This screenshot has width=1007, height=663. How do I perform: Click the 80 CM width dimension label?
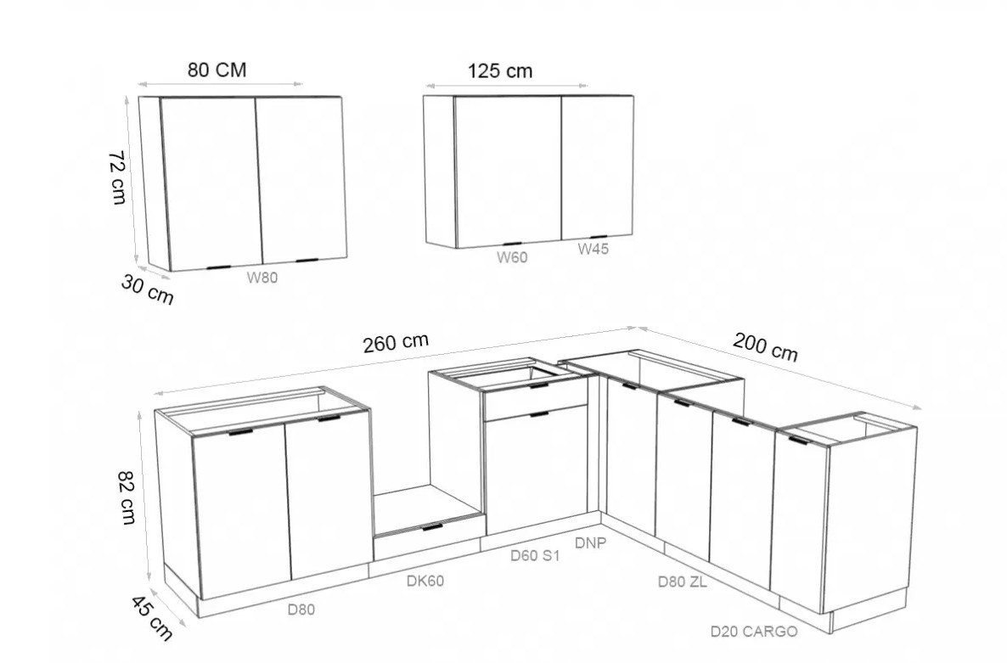click(x=217, y=70)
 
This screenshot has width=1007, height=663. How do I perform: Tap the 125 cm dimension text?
click(x=500, y=70)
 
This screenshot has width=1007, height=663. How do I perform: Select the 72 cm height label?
click(x=117, y=177)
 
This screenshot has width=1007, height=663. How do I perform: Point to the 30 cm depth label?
click(x=147, y=289)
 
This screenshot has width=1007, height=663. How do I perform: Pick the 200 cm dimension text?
click(x=766, y=346)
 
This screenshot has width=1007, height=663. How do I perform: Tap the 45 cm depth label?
click(x=152, y=618)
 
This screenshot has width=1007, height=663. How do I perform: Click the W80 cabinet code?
click(x=262, y=278)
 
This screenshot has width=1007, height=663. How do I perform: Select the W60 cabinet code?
click(x=512, y=257)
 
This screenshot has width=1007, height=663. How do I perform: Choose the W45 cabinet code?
click(x=593, y=249)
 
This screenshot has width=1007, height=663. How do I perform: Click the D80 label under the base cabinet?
click(x=301, y=609)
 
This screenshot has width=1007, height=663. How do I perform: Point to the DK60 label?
click(x=425, y=581)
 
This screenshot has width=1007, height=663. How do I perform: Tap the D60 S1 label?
click(x=535, y=556)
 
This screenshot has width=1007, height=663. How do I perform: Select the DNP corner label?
click(x=590, y=543)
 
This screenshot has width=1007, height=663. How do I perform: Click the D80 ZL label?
click(x=682, y=582)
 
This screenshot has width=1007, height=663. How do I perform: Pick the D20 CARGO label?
click(x=754, y=632)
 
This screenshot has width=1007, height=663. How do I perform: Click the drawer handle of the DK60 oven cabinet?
click(x=432, y=527)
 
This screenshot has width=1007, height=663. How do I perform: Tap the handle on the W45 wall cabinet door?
click(x=599, y=238)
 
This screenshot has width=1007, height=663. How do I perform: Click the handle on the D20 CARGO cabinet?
click(x=801, y=441)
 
